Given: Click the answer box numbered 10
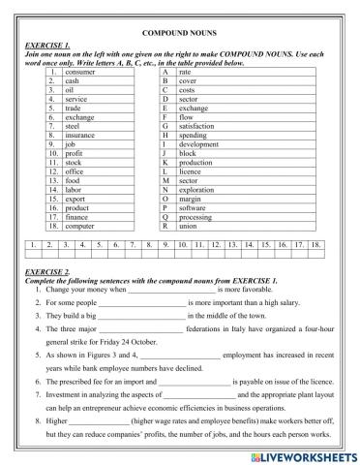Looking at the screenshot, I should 182,245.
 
